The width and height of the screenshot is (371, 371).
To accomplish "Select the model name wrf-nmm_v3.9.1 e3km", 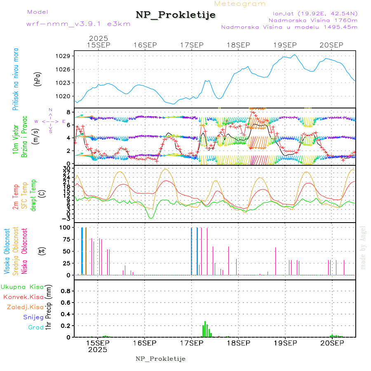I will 78,23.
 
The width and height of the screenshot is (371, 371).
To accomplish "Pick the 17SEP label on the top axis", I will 192,45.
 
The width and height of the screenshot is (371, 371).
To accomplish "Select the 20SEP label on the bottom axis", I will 331,343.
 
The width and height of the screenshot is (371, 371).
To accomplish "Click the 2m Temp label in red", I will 16,197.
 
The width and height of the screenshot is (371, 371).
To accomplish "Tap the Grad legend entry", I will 35,327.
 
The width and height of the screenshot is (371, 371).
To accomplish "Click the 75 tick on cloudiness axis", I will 66,239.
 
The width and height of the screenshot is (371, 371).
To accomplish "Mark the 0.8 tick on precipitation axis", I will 66,291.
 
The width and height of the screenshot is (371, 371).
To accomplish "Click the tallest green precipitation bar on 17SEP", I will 205,329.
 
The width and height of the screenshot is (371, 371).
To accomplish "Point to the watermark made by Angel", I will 363,247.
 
